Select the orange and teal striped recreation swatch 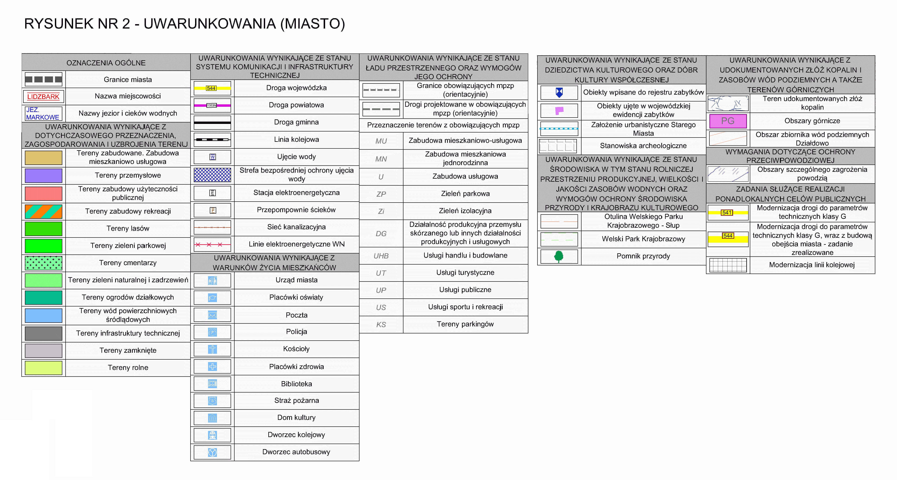[x=44, y=211]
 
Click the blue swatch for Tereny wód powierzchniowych [x=44, y=315]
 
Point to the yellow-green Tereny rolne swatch [x=44, y=368]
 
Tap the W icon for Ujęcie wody [x=212, y=157]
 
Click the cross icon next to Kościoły [x=212, y=349]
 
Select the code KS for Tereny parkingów [x=381, y=324]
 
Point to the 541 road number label [x=727, y=212]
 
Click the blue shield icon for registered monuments [x=559, y=92]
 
